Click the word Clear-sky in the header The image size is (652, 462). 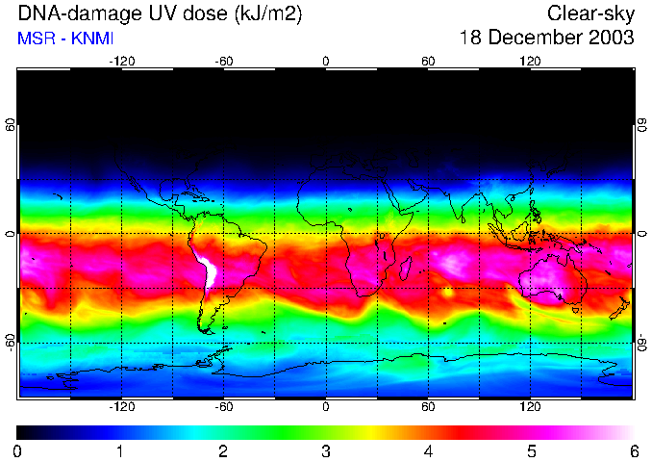[x=591, y=13]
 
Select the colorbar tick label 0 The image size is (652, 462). [x=18, y=450]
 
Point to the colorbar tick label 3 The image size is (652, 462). [x=326, y=450]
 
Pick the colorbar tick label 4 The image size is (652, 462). [x=429, y=450]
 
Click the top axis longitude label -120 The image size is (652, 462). [x=121, y=61]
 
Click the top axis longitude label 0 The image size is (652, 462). [x=326, y=61]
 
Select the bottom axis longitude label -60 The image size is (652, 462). [x=224, y=406]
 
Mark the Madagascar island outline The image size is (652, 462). [x=406, y=268]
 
